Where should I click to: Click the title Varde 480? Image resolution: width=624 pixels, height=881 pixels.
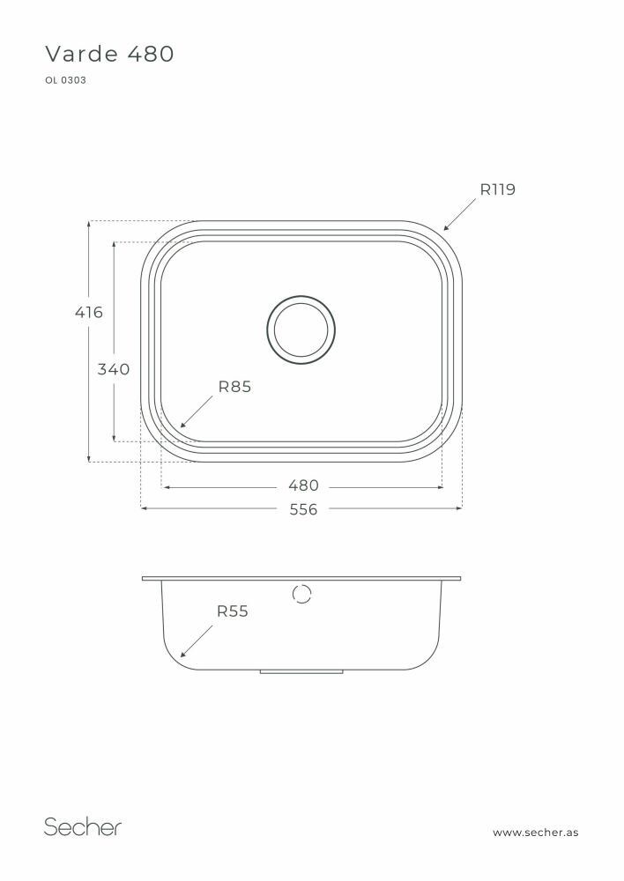(x=109, y=55)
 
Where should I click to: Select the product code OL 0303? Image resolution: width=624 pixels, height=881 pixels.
(x=64, y=80)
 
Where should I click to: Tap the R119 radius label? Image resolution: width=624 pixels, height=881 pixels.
(x=497, y=189)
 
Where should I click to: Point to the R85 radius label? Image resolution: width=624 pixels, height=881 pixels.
(x=234, y=386)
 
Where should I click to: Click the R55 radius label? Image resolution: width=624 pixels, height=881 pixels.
(x=233, y=611)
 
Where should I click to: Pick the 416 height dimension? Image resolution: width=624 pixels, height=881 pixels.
(x=88, y=312)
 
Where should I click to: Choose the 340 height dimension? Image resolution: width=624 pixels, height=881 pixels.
(x=113, y=369)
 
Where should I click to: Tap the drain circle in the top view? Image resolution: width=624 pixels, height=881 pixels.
(x=301, y=330)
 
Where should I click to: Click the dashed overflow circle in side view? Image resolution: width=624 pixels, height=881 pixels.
(x=301, y=594)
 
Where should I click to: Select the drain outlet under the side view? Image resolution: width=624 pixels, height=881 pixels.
(x=301, y=672)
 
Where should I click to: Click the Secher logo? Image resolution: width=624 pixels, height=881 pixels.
(x=83, y=826)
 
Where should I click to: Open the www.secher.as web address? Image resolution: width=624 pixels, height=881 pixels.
(x=535, y=832)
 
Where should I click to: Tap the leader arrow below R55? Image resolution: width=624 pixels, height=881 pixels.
(x=197, y=640)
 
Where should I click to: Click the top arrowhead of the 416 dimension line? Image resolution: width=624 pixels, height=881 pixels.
(x=89, y=224)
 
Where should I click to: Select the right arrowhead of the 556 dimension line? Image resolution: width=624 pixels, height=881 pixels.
(x=457, y=508)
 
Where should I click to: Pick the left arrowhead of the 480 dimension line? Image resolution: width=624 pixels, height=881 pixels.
(x=165, y=485)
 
